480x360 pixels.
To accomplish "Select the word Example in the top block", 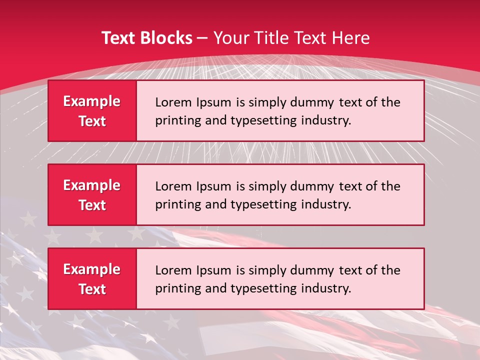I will [x=92, y=101].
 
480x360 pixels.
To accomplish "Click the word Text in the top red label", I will [x=92, y=121].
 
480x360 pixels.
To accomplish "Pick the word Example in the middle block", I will [x=92, y=185].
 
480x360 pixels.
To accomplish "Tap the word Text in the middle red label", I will [x=92, y=205].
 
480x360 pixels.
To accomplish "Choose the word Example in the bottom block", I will [x=92, y=269].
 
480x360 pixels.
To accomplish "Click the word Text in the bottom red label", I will [x=92, y=289].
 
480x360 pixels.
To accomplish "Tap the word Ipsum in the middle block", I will [x=212, y=186].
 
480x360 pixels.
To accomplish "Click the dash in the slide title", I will [x=203, y=38].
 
